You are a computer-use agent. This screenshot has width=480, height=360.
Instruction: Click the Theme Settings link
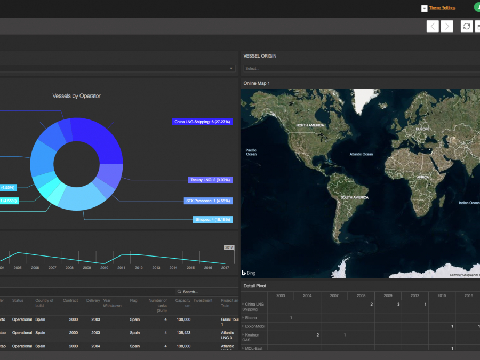pos(442,8)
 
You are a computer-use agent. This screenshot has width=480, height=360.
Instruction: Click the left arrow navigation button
pos(433,26)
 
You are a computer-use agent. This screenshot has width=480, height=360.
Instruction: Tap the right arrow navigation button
pos(447,26)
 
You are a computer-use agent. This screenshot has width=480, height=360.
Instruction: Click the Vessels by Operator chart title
pos(76,96)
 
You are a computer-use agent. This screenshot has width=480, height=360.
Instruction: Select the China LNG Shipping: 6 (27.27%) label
pos(202,122)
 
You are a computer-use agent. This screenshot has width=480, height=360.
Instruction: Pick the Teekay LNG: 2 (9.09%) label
pos(210,180)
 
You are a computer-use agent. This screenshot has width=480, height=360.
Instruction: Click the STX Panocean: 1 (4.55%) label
pos(207,201)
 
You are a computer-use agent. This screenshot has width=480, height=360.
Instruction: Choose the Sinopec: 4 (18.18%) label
pos(212,219)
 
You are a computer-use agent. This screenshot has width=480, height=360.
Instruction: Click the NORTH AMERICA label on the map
pos(310,125)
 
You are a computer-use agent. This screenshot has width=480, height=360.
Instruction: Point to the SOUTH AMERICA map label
pos(354,198)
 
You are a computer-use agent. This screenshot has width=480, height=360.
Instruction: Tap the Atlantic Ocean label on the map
pos(361,154)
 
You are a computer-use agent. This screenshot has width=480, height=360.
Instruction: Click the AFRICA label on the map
pos(422,177)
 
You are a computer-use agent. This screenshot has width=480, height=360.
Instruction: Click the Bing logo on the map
pos(249,273)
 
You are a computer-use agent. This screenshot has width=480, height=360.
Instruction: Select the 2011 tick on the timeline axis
pos(121,267)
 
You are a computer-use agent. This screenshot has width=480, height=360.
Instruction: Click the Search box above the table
pos(200,292)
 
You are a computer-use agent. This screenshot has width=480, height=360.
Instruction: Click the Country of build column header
pos(44,303)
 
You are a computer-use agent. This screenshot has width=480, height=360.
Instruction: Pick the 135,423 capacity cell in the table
pos(183,333)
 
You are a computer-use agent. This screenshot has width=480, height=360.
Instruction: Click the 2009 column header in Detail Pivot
pos(388,295)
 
